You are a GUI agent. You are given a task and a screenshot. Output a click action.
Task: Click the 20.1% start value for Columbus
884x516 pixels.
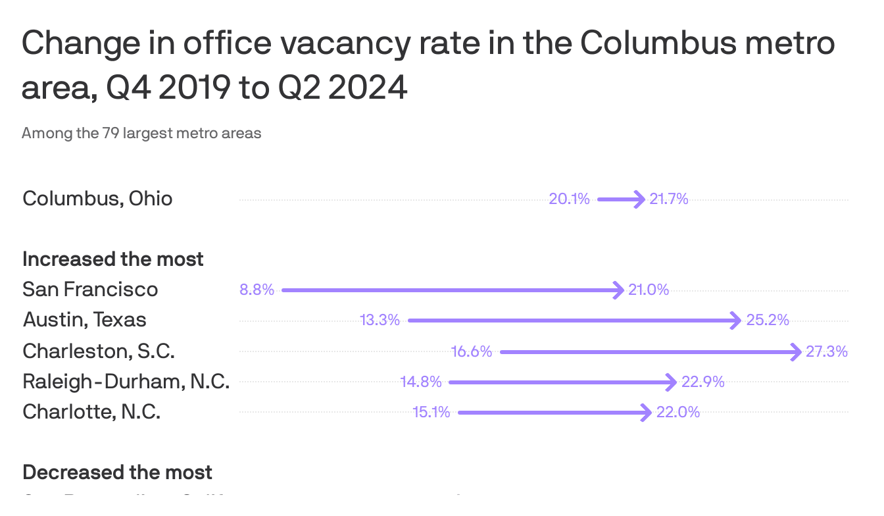569,199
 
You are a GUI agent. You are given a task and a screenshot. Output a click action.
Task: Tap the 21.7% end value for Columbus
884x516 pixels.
669,199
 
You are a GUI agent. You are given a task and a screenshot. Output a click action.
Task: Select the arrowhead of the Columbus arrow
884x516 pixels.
639,199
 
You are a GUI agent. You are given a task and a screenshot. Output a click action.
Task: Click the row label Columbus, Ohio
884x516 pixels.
97,199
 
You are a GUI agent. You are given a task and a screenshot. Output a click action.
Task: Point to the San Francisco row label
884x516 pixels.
90,290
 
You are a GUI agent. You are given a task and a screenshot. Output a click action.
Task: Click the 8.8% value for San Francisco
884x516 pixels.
257,290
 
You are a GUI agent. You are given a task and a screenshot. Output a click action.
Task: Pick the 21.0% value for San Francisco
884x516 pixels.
649,290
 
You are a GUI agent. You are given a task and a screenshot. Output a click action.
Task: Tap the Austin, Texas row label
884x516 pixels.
84,321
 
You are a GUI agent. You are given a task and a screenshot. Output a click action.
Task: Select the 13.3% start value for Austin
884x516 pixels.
380,321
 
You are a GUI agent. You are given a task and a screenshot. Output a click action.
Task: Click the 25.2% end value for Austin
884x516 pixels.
768,321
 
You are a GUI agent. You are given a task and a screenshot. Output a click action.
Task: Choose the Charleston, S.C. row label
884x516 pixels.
99,351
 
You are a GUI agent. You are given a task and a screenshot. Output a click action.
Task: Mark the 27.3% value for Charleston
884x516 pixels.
827,351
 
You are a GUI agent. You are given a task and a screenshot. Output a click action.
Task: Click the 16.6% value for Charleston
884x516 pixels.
472,351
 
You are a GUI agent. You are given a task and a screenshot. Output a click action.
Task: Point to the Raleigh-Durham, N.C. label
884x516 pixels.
126,382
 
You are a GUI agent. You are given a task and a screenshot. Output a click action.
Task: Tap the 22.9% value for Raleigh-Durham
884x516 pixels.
703,382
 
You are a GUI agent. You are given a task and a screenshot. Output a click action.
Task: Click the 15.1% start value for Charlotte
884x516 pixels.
431,413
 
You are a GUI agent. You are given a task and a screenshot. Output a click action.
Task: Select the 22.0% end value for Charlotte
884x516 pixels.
678,413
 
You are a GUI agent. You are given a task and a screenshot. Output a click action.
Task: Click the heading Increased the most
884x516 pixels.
113,259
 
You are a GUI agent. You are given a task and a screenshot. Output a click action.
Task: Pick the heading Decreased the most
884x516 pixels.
117,473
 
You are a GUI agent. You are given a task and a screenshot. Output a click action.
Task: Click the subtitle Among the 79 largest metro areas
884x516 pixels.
141,134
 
